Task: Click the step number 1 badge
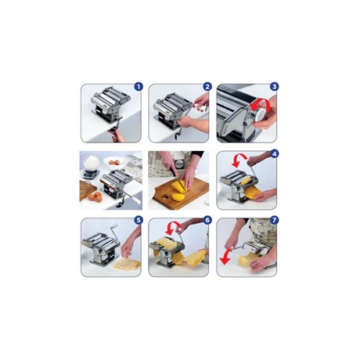[139, 87]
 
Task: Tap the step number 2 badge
[207, 87]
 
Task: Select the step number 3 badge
[274, 87]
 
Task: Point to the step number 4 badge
[274, 154]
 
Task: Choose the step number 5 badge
[139, 221]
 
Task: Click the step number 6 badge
[207, 221]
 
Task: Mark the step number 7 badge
[274, 221]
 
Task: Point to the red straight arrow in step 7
[225, 257]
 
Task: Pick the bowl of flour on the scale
[92, 162]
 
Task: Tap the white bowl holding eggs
[114, 163]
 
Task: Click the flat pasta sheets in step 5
[128, 264]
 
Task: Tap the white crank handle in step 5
[114, 226]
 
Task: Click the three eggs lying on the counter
[95, 196]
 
